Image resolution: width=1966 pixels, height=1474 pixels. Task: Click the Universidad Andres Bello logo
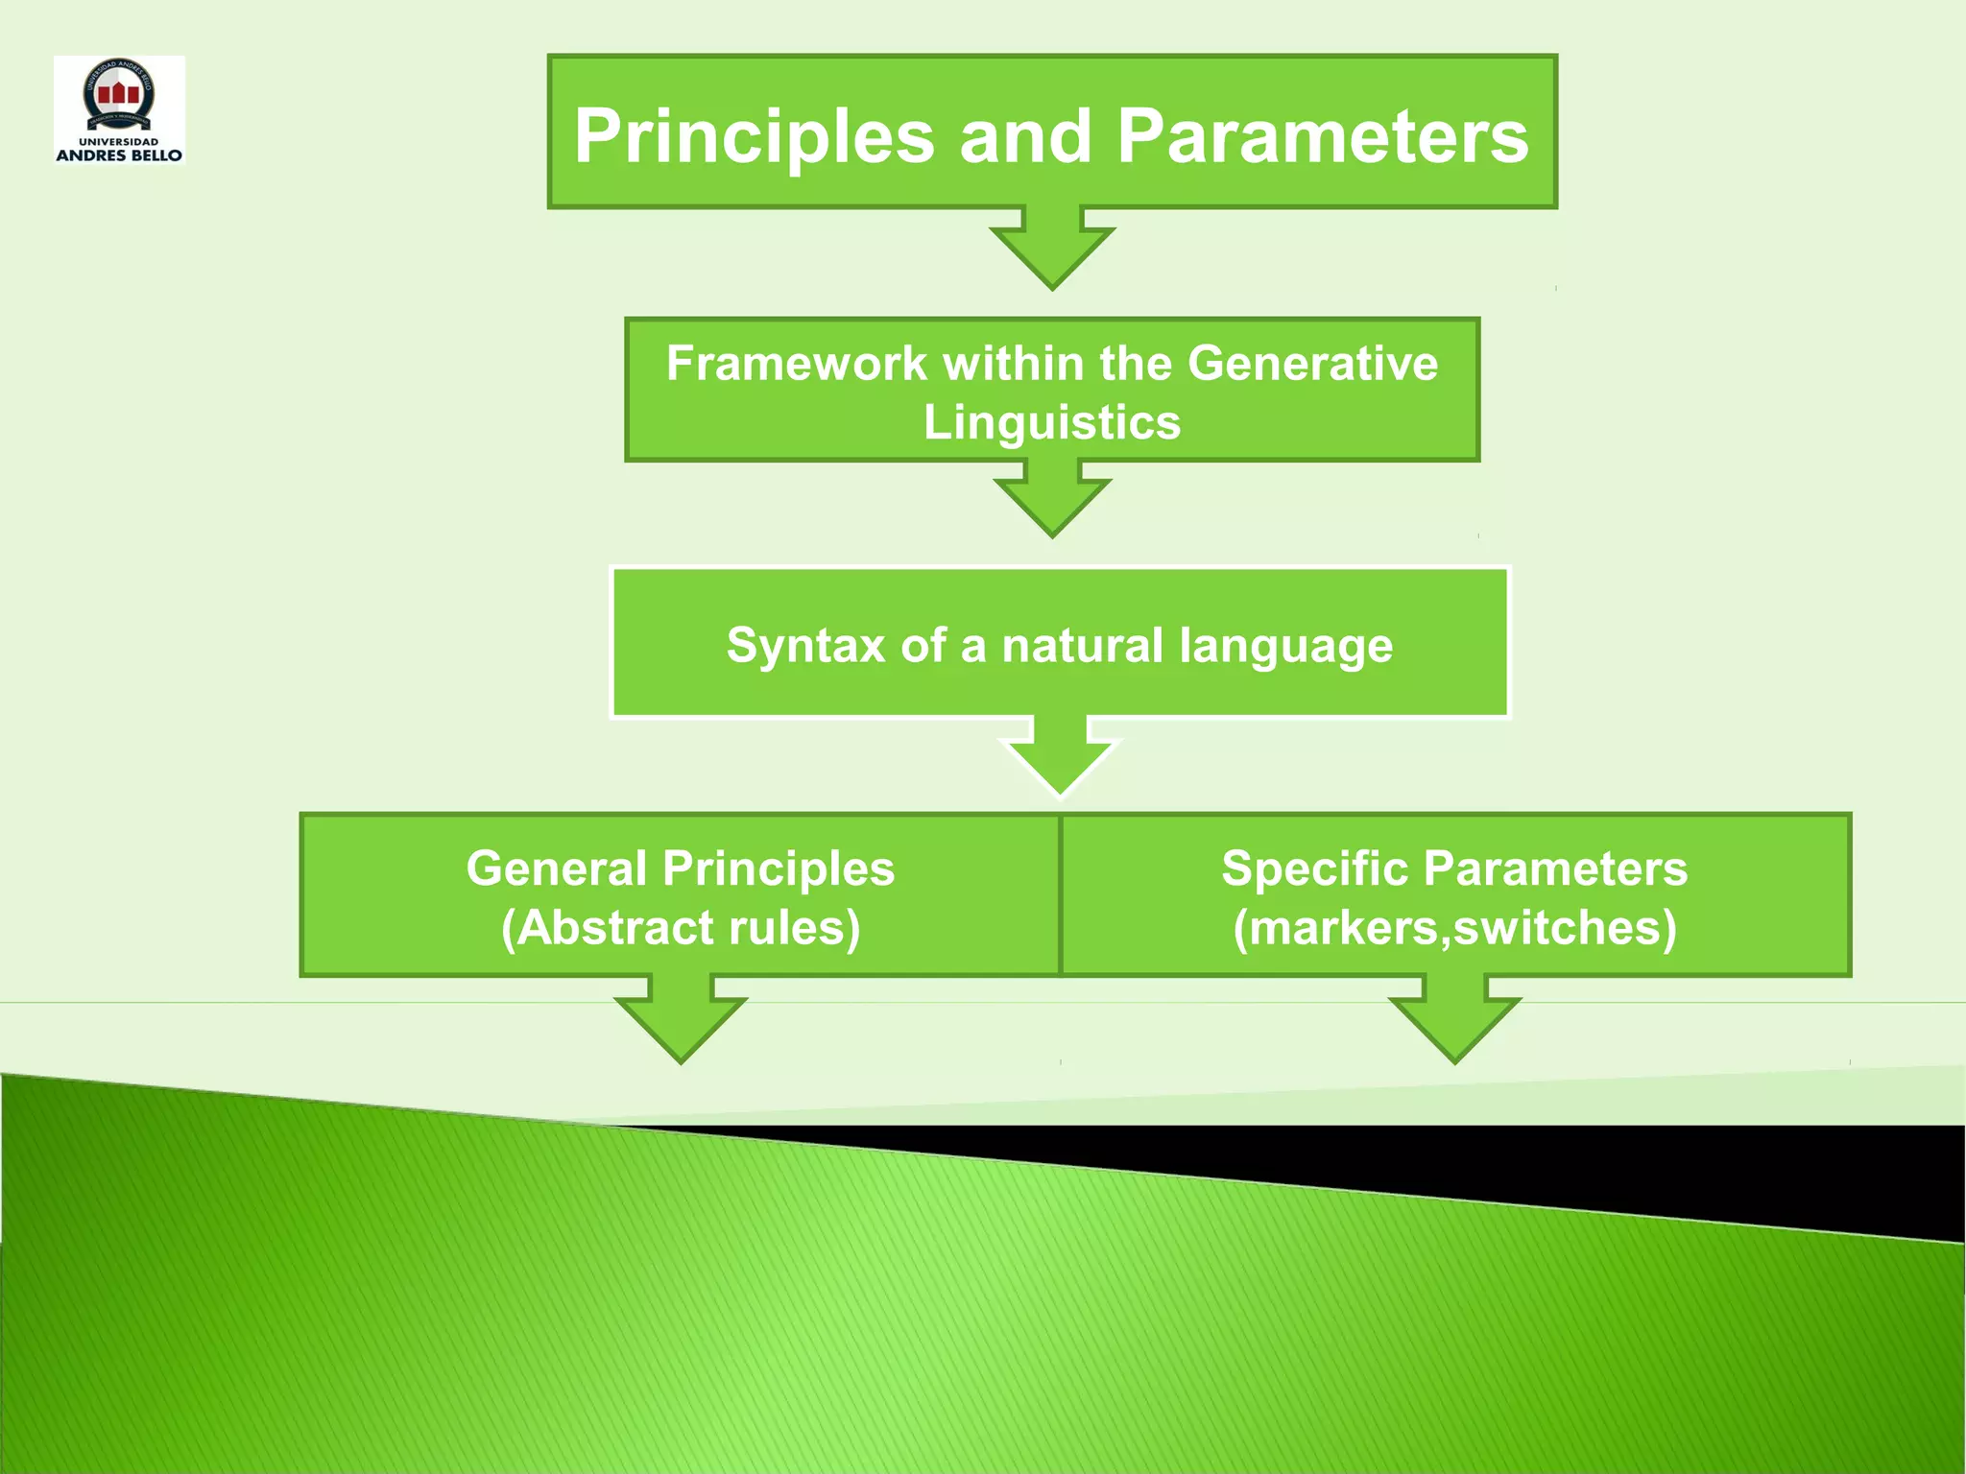coord(119,109)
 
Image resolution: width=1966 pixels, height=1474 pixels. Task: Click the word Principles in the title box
coord(754,136)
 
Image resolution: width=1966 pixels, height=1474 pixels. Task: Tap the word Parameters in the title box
coord(1322,136)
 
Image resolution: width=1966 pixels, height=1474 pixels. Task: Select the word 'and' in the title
coord(1025,136)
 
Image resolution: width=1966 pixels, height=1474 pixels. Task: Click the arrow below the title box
coord(1052,251)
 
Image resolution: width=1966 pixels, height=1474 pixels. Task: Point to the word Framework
coord(797,364)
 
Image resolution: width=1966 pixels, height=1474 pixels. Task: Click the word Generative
coord(1312,364)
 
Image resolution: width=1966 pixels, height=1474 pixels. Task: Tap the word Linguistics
coord(1052,423)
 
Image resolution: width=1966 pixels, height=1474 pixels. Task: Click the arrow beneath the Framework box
coord(1052,501)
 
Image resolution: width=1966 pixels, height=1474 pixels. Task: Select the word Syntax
coord(805,645)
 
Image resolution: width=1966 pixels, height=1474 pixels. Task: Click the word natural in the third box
coord(1083,645)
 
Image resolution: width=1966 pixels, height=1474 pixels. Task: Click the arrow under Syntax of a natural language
coord(1060,759)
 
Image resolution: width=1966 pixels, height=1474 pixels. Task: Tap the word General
coord(556,868)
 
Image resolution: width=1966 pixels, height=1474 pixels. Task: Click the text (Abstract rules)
coord(681,928)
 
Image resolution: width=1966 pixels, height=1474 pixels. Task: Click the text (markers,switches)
coord(1454,928)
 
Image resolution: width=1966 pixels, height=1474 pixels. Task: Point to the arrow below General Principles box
coord(681,1023)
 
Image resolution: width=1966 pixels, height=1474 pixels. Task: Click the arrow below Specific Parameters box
coord(1454,1023)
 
